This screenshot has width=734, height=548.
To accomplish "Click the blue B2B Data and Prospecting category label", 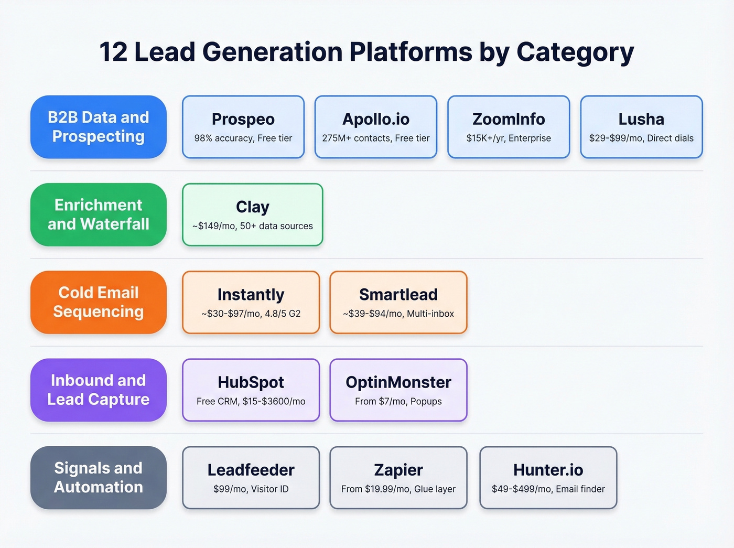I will [x=99, y=127].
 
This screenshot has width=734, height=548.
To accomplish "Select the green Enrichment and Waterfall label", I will [x=99, y=214].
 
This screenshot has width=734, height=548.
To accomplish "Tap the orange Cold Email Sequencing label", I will [x=99, y=302].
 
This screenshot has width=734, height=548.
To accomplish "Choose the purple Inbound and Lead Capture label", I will [x=99, y=390].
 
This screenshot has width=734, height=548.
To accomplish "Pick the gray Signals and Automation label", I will [x=99, y=477].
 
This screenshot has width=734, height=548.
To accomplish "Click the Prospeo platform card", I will [x=243, y=127].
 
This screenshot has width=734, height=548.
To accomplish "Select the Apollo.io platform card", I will [x=376, y=127].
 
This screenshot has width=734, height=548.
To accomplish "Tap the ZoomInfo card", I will [x=509, y=127].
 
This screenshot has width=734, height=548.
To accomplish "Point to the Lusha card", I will [x=641, y=127].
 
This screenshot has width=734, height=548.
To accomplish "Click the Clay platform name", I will [x=253, y=207].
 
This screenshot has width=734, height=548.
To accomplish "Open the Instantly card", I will [x=251, y=302].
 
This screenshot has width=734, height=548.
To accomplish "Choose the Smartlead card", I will [x=398, y=302].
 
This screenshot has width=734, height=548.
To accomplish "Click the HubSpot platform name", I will [x=251, y=382].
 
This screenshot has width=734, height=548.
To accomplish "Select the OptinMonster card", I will [x=398, y=390].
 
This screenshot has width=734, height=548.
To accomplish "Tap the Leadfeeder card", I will [x=251, y=477].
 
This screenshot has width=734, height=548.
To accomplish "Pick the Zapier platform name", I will [x=398, y=470].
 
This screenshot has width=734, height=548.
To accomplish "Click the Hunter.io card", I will [x=548, y=477].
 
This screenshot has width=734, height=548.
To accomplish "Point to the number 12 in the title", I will [x=113, y=52].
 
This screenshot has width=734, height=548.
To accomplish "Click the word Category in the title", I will [x=575, y=52].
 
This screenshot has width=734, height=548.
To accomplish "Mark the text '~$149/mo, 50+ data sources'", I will [x=253, y=226].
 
